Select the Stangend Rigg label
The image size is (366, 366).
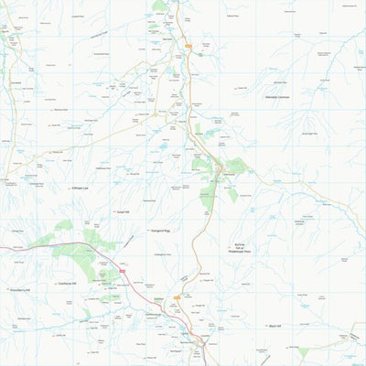pos(162,231)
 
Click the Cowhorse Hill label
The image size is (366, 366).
pos(71,283)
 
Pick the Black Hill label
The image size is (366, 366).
pos(274,326)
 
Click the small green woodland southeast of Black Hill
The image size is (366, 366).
pos(302,350)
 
